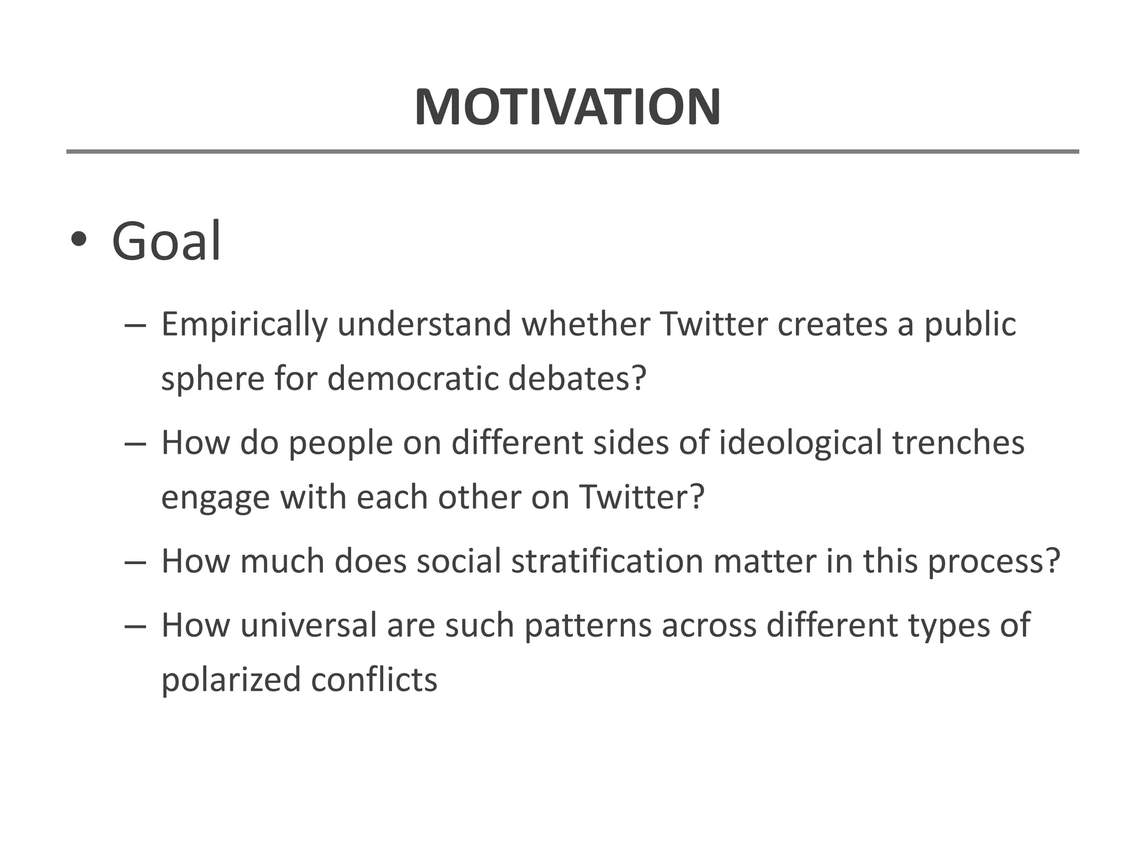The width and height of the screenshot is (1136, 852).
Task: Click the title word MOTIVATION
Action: (567, 107)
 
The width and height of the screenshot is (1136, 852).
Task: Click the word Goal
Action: (166, 242)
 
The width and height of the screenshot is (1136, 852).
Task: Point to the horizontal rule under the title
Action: (572, 151)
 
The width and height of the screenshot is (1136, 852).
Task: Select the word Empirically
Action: (244, 325)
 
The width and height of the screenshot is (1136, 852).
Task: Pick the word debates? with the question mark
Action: (577, 378)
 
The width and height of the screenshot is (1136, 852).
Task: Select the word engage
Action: (215, 498)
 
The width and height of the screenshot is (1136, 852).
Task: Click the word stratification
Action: (607, 561)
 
